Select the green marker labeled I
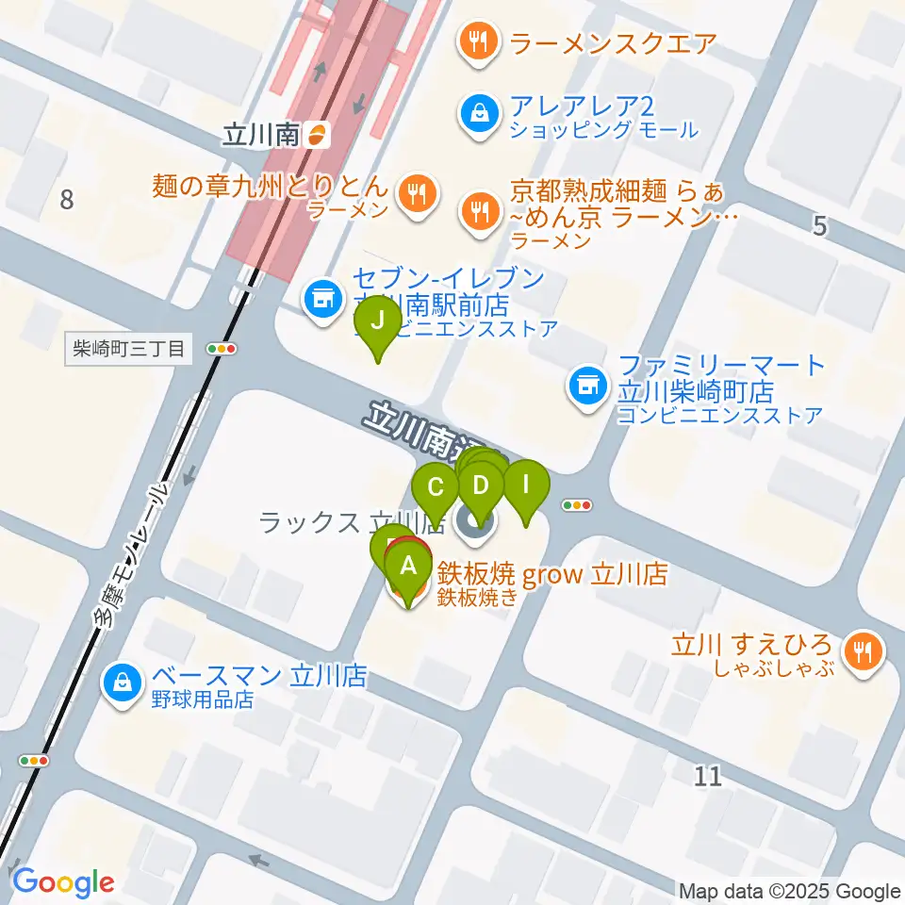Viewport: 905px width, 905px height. tap(526, 487)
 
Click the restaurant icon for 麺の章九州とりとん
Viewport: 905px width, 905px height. tap(415, 195)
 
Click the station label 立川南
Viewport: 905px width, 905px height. tap(261, 136)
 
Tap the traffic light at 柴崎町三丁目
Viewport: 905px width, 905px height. tap(223, 349)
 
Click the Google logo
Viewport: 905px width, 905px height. tap(63, 881)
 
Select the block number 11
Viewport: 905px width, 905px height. tap(708, 775)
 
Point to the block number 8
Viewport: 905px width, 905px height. tap(66, 199)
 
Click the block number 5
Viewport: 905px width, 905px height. tap(819, 225)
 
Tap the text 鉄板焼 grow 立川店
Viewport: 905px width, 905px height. tap(551, 574)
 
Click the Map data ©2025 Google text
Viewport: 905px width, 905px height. tap(789, 891)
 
